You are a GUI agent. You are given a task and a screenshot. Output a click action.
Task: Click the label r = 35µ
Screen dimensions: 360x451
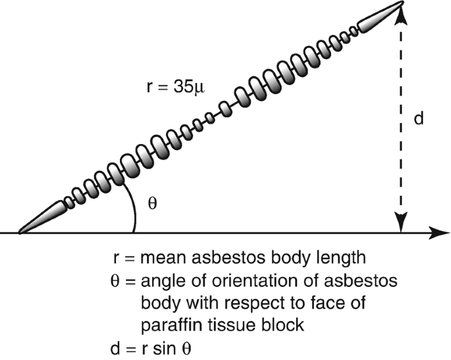click(x=175, y=87)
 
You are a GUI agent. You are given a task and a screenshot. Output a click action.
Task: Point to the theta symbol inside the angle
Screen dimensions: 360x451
click(x=152, y=203)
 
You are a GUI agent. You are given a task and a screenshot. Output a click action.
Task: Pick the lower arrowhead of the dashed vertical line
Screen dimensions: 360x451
click(x=400, y=222)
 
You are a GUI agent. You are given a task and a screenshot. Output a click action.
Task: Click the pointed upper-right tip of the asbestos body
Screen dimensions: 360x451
click(x=400, y=4)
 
